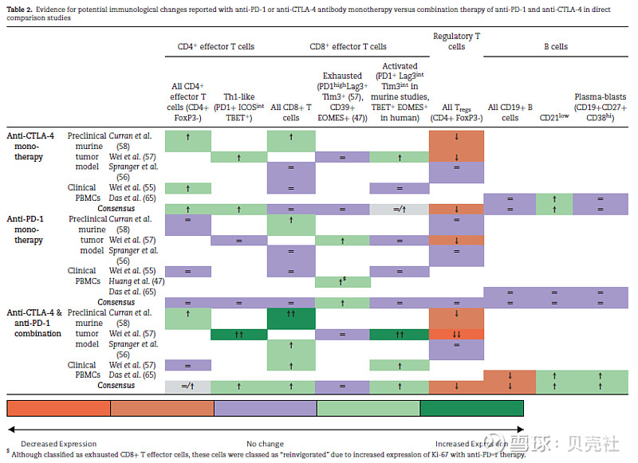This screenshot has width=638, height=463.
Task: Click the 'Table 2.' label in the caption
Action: coord(22,7)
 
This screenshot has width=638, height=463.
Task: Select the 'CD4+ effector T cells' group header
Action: coord(215,46)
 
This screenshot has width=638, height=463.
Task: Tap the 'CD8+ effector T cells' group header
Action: coord(348,46)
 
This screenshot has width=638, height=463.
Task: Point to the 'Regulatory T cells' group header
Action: coord(456,41)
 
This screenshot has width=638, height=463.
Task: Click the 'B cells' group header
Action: coord(555,46)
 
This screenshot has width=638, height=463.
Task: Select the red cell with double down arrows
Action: coord(456,334)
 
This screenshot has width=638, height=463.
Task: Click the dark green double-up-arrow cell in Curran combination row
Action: coord(291,318)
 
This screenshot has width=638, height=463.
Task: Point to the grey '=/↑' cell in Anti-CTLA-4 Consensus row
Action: coord(400,209)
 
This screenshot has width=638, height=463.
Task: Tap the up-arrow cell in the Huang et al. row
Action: coord(343,281)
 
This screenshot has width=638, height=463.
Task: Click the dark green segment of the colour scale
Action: coord(472,408)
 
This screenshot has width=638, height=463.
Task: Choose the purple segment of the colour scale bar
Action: coord(266,408)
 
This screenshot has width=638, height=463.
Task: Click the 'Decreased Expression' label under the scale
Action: coord(59,444)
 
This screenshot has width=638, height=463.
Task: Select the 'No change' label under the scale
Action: coord(266,444)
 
